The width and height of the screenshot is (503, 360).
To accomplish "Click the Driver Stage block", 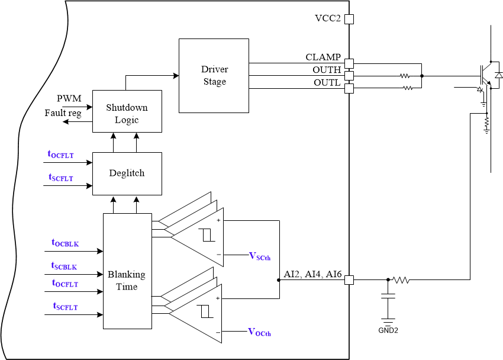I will pos(214,76).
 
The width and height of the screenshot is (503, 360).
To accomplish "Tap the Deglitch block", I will pos(127,173).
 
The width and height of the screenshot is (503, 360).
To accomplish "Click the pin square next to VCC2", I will pos(349,19).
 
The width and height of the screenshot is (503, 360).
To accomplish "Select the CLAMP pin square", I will pos(349,63).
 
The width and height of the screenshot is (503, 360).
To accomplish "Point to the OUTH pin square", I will pos(349,75).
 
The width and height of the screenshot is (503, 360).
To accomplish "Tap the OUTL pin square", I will pos(349,88).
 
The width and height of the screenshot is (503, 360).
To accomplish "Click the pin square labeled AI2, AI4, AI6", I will pos(349,280).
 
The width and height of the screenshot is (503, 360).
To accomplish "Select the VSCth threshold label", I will pos(260,256).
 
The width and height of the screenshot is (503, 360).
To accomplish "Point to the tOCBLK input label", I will pos(65,243).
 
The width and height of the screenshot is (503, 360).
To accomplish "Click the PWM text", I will pos(69,98).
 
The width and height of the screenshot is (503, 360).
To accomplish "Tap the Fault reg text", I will pos(63,112).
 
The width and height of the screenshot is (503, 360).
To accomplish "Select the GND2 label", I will pos(388,330).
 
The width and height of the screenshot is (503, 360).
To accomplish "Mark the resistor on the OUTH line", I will pos(405,76).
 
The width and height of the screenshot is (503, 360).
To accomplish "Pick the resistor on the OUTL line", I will pos(407,88).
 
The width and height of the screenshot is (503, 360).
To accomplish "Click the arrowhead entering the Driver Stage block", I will pos(176,76).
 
